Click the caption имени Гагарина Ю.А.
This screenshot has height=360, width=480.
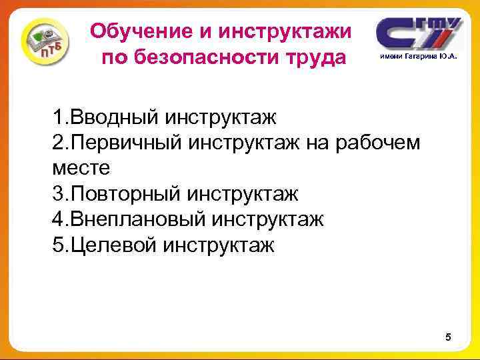(x=419, y=57)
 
